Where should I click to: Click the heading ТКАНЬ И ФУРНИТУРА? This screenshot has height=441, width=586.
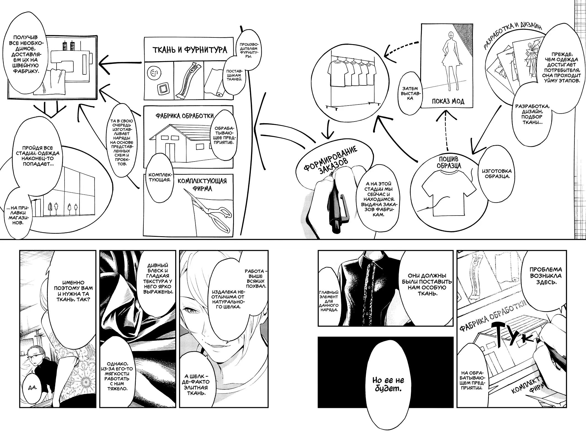tap(190, 50)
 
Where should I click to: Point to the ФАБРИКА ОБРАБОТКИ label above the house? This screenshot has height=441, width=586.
tap(184, 116)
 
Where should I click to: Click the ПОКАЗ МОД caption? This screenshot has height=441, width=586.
tap(448, 101)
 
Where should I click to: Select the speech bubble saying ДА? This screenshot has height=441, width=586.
tap(33, 387)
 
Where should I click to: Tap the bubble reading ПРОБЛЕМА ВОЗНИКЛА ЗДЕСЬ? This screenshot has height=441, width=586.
tap(545, 276)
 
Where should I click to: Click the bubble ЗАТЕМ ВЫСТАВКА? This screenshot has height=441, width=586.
tap(410, 93)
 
